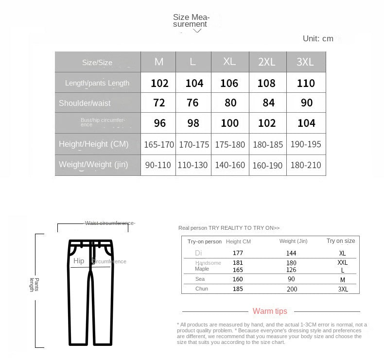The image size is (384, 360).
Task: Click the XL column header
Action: coord(229,61)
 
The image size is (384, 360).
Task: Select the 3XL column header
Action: coord(305,62)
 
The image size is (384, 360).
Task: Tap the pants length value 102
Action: coord(159,83)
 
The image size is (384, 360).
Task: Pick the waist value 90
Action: coord(306,103)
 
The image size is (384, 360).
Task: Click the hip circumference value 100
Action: coord(230,123)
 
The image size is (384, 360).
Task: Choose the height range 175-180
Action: coord(229,144)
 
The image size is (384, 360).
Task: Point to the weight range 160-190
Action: coord(267,165)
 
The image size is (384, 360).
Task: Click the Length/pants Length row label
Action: coord(97,83)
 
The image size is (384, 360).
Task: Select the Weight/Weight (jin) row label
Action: coord(93,165)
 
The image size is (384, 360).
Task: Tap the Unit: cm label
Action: coord(318,38)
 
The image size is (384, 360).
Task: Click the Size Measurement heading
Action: coord(191,20)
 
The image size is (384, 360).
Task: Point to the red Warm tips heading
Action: coord(270,311)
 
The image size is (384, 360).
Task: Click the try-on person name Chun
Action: coord(202,289)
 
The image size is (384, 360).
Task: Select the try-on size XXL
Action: coord(343,262)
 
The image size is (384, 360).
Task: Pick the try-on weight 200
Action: coord(292,289)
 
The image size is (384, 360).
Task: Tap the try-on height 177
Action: coord(238,253)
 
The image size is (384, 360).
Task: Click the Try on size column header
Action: coord(341,241)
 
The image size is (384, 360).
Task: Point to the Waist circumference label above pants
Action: coord(110,223)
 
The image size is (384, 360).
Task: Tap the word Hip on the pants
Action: coord(79,261)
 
